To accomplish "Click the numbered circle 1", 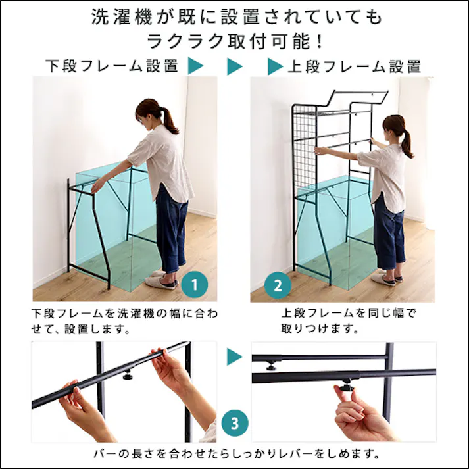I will click(195, 285).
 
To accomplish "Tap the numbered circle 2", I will click(277, 285).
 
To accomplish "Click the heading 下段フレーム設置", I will click(112, 66).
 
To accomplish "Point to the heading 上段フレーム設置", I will click(355, 66).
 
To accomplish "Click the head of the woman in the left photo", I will click(151, 113).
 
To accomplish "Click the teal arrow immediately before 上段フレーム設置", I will click(274, 66).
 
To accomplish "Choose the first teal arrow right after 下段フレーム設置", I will click(195, 66).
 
